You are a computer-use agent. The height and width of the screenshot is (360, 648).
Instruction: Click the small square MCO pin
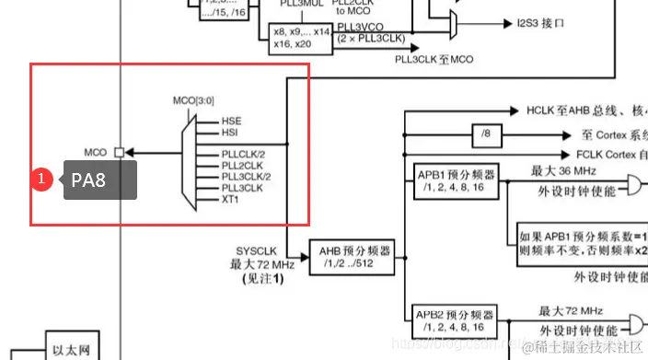coord(119,152)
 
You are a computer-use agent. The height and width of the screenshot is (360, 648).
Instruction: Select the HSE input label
coord(231,121)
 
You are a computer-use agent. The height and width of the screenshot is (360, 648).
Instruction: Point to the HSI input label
coord(230,132)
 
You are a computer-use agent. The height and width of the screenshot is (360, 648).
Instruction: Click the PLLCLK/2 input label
coord(242,153)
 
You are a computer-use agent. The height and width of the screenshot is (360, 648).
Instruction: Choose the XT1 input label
coord(230,198)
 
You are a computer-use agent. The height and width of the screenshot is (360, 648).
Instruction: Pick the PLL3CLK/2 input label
coord(246,175)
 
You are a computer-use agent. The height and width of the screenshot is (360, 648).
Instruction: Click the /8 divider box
coord(486,134)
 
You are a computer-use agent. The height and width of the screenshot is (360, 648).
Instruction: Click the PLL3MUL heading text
coord(299,4)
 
